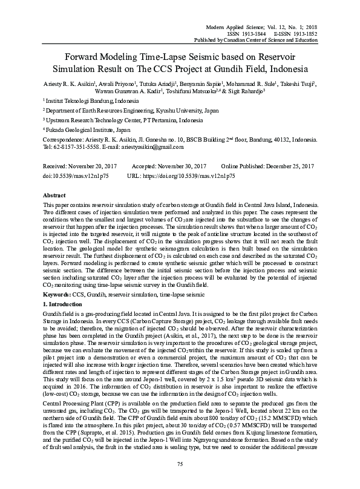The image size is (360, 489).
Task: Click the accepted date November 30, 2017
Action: pos(180,166)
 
